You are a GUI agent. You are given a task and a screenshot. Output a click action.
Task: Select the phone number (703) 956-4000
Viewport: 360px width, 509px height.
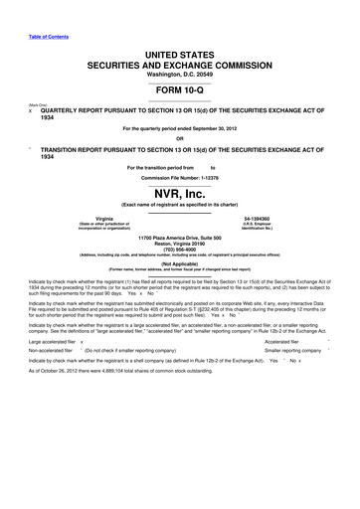coord(180,251)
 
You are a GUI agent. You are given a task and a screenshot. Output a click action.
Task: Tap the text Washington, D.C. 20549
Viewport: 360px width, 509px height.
coord(180,72)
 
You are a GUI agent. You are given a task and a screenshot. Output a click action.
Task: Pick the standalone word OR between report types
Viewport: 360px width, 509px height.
coord(180,137)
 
